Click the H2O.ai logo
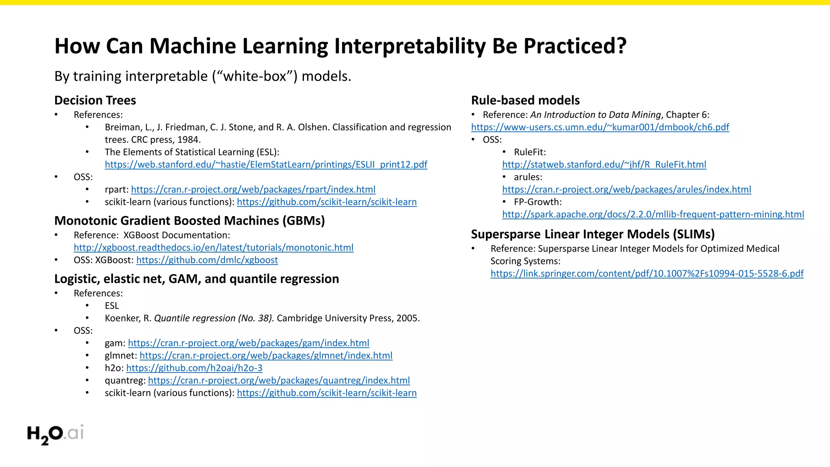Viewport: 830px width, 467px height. coord(55,434)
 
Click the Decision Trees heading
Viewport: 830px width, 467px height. coord(95,100)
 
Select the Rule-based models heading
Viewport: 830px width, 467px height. coord(525,100)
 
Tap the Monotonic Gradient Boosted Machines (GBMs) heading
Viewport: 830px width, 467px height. coord(190,221)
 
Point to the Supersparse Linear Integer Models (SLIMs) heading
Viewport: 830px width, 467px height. coord(593,234)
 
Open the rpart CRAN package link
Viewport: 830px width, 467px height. coord(253,190)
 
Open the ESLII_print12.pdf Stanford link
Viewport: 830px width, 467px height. coord(266,165)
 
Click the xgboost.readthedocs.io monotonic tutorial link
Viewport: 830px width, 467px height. coord(214,248)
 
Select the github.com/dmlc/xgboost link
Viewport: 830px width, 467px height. coord(207,260)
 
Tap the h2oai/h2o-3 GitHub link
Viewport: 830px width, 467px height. coord(194,368)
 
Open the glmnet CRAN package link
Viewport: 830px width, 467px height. coord(266,356)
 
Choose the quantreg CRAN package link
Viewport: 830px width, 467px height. coord(279,381)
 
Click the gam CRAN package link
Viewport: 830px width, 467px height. coord(248,343)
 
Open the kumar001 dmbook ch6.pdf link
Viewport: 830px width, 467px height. coord(600,127)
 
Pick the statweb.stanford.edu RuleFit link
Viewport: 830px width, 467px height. coord(604,165)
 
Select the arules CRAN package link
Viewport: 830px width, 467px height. coord(627,190)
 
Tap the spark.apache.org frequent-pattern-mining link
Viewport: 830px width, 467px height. coord(653,214)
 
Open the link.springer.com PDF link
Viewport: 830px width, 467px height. coord(647,274)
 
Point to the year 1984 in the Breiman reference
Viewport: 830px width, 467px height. coord(188,140)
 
